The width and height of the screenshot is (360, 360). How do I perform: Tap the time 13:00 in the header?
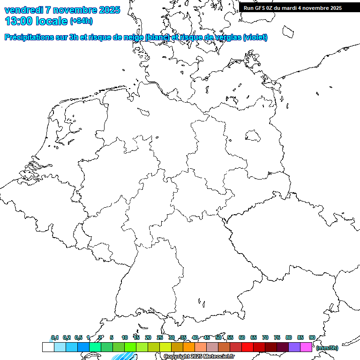tap(18, 21)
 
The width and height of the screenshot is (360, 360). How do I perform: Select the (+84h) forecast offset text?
tap(81, 21)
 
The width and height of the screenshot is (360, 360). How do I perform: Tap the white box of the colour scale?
tap(48, 347)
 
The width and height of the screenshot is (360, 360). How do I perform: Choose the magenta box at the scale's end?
tap(306, 347)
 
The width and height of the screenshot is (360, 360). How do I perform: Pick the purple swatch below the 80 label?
tap(294, 347)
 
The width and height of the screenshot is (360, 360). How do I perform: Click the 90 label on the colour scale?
tap(312, 337)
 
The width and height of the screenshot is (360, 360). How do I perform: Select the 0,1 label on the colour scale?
tap(54, 337)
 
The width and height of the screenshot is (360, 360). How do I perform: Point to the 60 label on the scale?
tap(242, 337)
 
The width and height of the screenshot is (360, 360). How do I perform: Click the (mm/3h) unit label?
tap(327, 348)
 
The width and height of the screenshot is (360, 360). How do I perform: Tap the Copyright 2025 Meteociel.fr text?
tap(199, 357)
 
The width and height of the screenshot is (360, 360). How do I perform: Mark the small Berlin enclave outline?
tap(253, 135)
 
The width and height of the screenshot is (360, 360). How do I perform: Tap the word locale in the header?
tap(52, 21)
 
